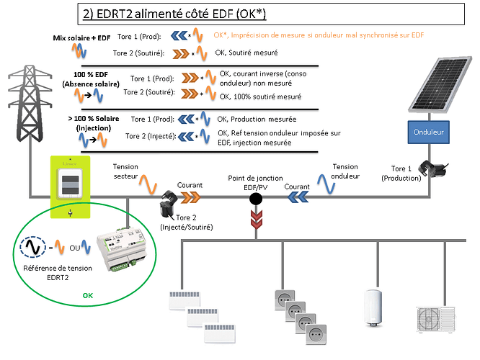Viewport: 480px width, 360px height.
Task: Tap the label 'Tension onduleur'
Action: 345,171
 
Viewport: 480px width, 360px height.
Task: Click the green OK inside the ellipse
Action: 87,295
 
